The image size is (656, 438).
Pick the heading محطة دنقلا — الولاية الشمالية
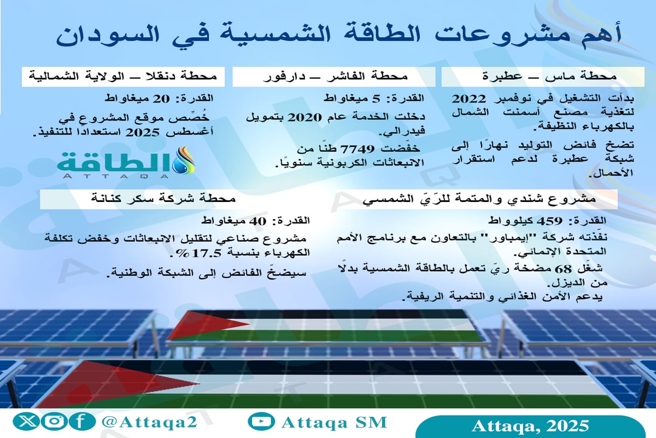click(x=121, y=76)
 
